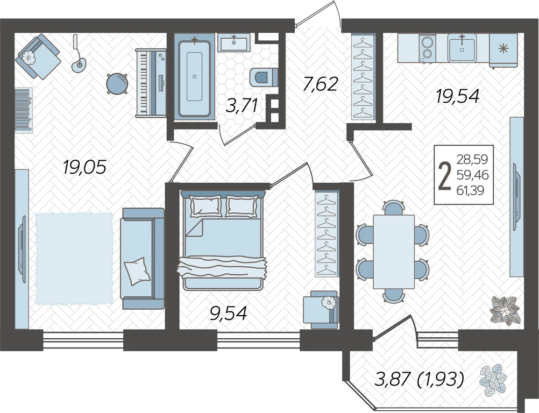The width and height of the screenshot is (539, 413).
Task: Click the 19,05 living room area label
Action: coord(84,167)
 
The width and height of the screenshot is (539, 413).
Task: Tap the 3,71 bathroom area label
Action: coord(242,105)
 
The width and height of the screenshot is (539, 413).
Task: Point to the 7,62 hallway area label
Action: coord(321,84)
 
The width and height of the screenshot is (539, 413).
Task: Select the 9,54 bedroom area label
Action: coord(229,314)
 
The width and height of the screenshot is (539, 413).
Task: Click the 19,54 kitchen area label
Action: coord(458,96)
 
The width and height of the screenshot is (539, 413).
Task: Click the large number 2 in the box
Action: coord(445,175)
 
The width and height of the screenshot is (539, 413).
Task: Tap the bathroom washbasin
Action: coord(234,42)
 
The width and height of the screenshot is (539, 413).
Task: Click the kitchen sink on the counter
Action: coord(462,48)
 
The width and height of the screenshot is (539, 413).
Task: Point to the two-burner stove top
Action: coord(427,48)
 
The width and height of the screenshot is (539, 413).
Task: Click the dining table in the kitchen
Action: coord(394,252)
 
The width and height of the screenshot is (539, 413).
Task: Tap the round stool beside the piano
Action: coord(117,83)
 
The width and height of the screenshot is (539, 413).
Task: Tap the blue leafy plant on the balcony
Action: coord(493,379)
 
